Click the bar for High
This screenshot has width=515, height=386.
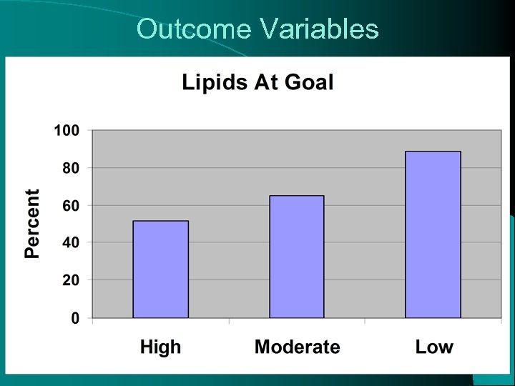tap(161, 269)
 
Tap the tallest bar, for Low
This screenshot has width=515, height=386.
tap(433, 234)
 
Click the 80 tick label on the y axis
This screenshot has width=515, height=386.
tap(69, 168)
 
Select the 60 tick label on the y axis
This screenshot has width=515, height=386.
tap(69, 205)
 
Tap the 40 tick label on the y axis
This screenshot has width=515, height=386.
tap(69, 242)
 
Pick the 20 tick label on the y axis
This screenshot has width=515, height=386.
tap(69, 280)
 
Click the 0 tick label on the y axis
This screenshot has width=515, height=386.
tap(74, 317)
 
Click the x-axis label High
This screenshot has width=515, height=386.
tap(161, 347)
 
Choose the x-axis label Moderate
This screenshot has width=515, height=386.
tap(297, 347)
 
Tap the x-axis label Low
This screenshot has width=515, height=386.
tap(434, 347)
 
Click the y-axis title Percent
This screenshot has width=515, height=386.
tap(33, 223)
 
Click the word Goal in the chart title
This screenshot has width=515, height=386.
tap(309, 83)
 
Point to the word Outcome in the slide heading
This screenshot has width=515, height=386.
tap(193, 29)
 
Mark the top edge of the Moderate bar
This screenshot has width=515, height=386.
tap(297, 196)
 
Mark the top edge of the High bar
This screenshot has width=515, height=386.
tap(161, 221)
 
